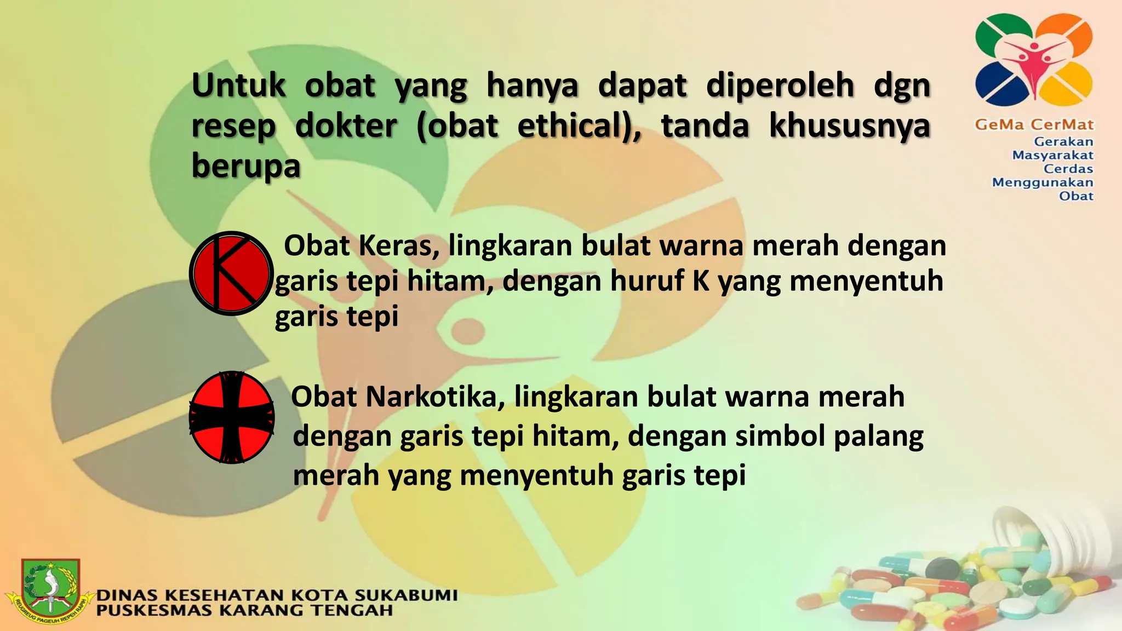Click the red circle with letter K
click(231, 273)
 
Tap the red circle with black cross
click(232, 417)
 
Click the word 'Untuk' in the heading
click(239, 86)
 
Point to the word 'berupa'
click(246, 165)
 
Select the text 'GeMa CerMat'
click(1034, 125)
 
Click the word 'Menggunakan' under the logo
click(1042, 182)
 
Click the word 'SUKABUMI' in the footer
click(405, 595)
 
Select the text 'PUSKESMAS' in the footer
click(154, 610)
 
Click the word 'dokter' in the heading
click(346, 126)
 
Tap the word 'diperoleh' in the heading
click(780, 86)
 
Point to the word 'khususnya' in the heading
click(850, 126)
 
